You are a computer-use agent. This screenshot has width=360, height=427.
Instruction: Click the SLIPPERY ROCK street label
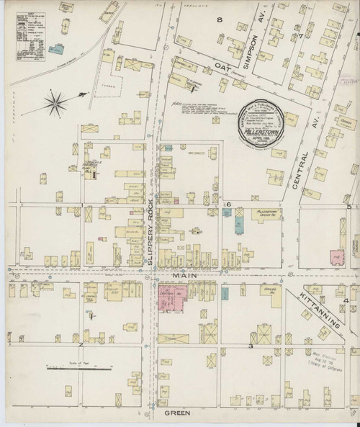tap(151, 231)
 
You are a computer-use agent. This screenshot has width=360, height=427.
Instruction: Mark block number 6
tap(228, 204)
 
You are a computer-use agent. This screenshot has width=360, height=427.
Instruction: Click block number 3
tap(250, 346)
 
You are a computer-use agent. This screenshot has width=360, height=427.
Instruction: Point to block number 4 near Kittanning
tap(345, 300)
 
